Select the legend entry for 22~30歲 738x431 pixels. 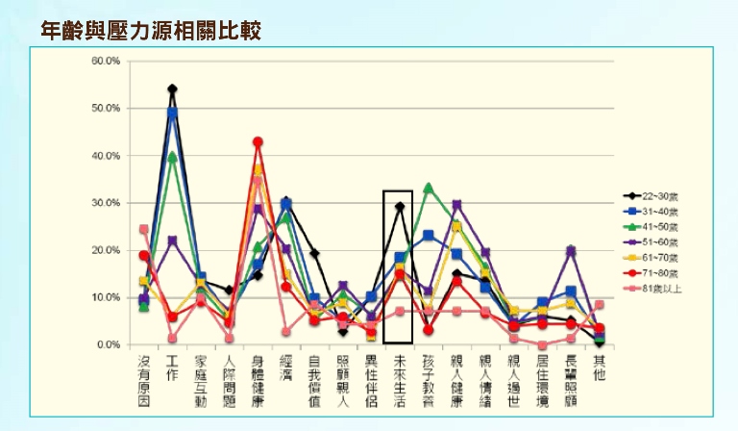click(x=662, y=195)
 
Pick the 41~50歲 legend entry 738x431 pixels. click(x=662, y=225)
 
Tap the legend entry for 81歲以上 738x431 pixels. click(x=662, y=288)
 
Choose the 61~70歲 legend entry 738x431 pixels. click(x=662, y=257)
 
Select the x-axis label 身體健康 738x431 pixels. click(x=258, y=381)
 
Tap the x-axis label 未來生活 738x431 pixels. click(x=399, y=381)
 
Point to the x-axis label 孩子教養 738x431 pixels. click(x=428, y=381)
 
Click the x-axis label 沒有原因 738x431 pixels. click(x=144, y=381)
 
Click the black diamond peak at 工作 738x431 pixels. click(x=172, y=89)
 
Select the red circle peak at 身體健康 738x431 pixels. click(x=258, y=142)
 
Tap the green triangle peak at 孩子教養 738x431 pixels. click(x=428, y=188)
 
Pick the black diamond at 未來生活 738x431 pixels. click(x=399, y=207)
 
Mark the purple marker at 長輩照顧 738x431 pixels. click(x=570, y=251)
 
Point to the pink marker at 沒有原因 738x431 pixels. click(x=144, y=229)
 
